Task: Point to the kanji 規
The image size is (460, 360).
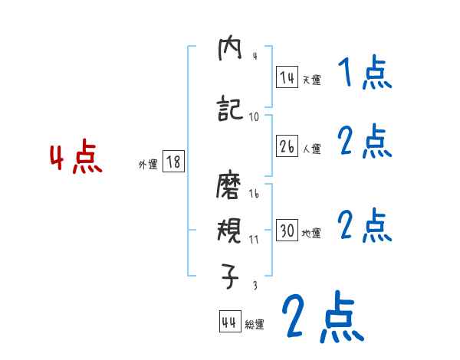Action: [230, 231]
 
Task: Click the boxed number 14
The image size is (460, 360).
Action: [287, 77]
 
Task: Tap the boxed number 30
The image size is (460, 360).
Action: [287, 231]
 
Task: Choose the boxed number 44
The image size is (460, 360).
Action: [229, 322]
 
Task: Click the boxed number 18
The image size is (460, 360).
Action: [173, 162]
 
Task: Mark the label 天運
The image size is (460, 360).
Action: [310, 79]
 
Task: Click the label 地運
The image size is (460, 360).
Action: [311, 233]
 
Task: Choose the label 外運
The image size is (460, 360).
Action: [147, 164]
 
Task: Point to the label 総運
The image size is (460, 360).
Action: [255, 325]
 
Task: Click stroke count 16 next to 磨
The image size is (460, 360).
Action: [254, 194]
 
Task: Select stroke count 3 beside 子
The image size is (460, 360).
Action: [254, 285]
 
